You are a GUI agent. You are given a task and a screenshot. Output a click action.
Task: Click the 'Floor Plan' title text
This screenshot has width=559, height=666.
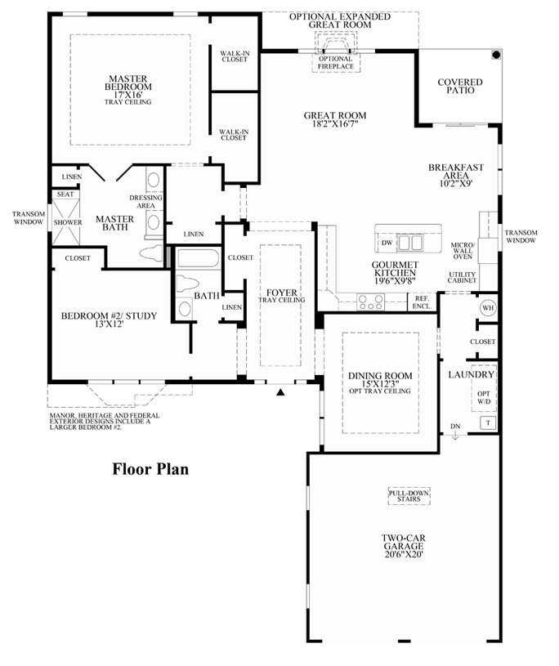pyautogui.click(x=150, y=469)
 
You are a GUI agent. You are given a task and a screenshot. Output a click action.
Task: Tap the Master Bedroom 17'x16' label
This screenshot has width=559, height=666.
pyautogui.click(x=127, y=90)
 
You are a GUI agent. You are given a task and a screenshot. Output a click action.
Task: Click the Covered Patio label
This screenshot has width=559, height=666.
pyautogui.click(x=460, y=87)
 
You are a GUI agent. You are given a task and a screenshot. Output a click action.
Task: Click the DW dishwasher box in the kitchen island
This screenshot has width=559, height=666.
pyautogui.click(x=385, y=244)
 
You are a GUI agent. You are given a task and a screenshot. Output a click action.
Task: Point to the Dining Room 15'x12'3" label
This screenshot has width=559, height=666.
pyautogui.click(x=380, y=382)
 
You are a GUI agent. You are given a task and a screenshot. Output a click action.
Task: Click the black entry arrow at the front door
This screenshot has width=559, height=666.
pyautogui.click(x=280, y=393)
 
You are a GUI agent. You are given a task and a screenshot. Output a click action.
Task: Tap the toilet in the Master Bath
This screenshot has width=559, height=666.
pyautogui.click(x=154, y=253)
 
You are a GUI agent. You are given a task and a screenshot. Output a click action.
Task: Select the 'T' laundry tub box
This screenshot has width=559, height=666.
pyautogui.click(x=487, y=422)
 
